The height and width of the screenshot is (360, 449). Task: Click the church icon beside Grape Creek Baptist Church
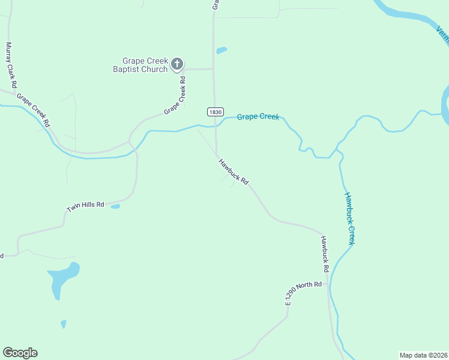point(177,64)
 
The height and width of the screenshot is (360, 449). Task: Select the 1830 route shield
point(215,112)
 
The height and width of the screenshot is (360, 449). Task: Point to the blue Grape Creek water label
point(258,116)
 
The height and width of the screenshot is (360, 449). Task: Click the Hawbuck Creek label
point(349,218)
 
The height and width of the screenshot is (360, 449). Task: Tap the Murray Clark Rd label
point(11,65)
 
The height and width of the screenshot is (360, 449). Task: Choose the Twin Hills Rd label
point(85,206)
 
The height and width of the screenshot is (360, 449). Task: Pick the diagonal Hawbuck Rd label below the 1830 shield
point(234,171)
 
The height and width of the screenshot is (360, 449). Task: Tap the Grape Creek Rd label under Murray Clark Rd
point(32,109)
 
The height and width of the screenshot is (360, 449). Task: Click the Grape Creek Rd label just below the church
point(175,99)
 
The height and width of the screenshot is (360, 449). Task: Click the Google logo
point(20,353)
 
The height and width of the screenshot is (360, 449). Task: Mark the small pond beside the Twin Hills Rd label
point(115,206)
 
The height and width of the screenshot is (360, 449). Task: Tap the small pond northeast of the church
point(221,50)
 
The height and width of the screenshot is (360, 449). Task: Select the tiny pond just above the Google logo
point(64,324)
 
